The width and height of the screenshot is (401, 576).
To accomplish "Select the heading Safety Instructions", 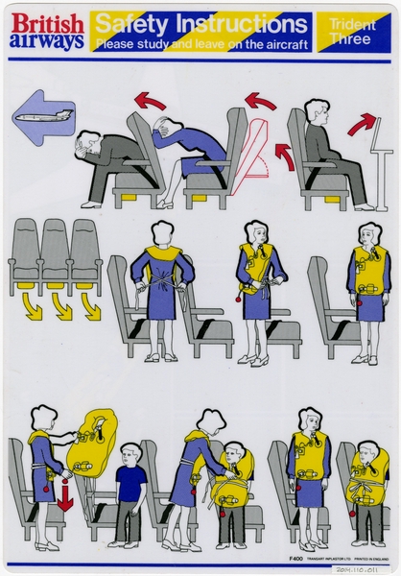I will [x=199, y=21].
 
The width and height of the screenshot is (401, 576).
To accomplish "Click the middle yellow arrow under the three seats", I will [x=62, y=306].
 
